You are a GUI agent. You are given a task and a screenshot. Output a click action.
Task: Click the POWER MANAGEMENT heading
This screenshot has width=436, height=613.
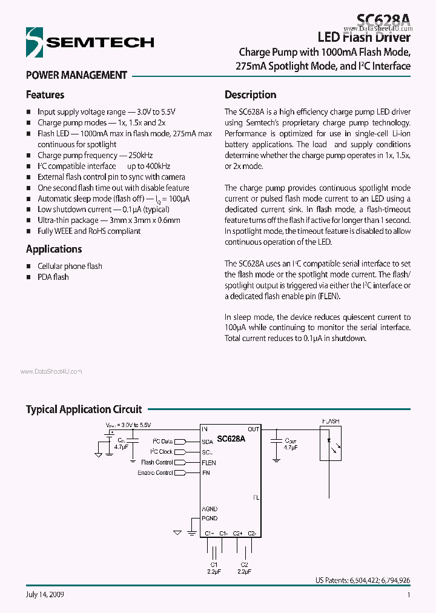point(76,76)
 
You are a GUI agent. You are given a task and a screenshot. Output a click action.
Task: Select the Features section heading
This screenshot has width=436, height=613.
point(45,95)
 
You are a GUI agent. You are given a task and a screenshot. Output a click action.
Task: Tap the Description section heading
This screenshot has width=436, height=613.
point(250,95)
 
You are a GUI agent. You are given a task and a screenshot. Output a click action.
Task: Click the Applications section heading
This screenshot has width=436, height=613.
point(53,249)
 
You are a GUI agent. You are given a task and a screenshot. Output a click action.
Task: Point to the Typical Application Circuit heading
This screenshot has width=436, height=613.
point(84,409)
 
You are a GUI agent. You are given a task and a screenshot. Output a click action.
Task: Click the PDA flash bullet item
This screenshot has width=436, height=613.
point(53,277)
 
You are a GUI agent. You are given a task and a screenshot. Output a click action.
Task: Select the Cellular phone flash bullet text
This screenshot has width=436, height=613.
point(70,266)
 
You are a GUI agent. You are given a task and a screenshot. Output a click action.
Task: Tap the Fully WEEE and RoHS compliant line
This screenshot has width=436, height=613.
point(89,231)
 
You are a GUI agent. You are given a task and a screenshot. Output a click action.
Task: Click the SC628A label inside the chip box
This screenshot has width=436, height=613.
point(231,439)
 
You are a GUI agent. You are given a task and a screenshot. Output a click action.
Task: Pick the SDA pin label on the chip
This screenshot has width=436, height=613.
point(208,442)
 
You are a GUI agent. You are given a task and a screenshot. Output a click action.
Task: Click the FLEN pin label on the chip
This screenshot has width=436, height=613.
point(209,463)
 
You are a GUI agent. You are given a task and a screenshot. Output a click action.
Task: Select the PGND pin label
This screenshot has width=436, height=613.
point(210,519)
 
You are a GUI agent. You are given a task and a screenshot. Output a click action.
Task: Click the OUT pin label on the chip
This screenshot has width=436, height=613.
point(253,429)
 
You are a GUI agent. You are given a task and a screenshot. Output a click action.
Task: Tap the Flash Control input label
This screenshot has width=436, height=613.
point(157,463)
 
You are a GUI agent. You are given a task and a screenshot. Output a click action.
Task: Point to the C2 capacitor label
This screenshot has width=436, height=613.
point(244,564)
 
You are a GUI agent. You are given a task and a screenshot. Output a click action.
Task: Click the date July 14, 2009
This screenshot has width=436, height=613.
point(45,595)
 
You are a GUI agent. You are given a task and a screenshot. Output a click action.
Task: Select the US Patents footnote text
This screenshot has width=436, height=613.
point(362,580)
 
